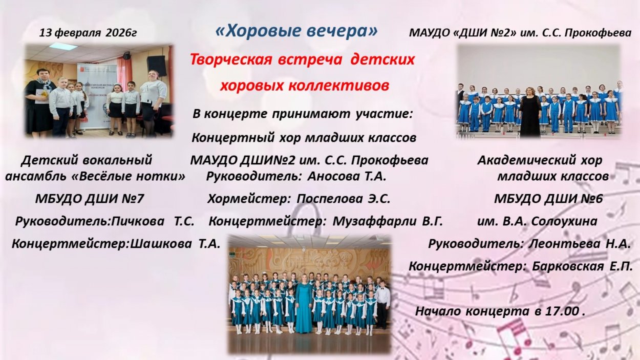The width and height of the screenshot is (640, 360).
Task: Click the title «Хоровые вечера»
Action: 296,31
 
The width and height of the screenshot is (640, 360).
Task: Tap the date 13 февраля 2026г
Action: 88,33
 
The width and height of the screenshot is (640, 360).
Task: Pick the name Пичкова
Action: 138,221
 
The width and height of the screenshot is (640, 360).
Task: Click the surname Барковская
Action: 568,267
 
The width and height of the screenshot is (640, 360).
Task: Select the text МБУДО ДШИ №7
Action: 90,199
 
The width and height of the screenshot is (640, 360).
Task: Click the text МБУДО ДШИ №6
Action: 548,199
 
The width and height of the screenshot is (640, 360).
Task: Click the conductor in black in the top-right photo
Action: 530,112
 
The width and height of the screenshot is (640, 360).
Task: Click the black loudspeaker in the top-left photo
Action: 156,66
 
